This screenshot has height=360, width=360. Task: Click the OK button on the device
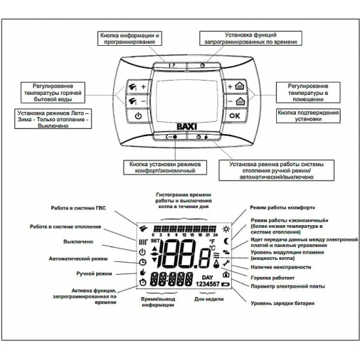[234, 116]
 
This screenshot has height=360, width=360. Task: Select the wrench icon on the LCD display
[226, 264]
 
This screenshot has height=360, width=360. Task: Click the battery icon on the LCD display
[227, 286]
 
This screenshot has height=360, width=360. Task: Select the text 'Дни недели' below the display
[205, 300]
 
